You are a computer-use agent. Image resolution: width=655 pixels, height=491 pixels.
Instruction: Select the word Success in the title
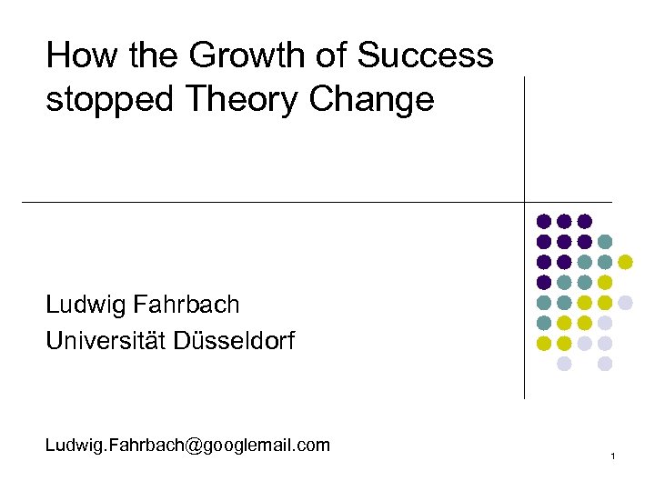coord(425,56)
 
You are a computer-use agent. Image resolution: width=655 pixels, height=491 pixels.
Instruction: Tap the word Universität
coord(108,342)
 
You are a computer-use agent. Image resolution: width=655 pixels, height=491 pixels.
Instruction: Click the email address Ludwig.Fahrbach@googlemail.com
coord(187,446)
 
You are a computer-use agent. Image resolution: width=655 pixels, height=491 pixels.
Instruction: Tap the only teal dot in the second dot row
coord(605,242)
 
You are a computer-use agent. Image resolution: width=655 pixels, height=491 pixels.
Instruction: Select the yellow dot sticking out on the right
coord(625,262)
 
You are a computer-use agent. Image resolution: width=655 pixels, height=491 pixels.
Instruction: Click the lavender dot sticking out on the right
coord(625,303)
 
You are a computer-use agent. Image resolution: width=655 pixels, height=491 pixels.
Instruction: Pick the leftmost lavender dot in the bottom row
coord(564,364)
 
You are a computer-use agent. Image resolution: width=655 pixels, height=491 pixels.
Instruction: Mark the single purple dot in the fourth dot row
coord(544,282)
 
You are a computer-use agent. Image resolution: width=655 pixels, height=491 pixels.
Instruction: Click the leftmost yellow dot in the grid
coord(544,344)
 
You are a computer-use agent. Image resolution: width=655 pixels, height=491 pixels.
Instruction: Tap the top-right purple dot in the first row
coord(585,221)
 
